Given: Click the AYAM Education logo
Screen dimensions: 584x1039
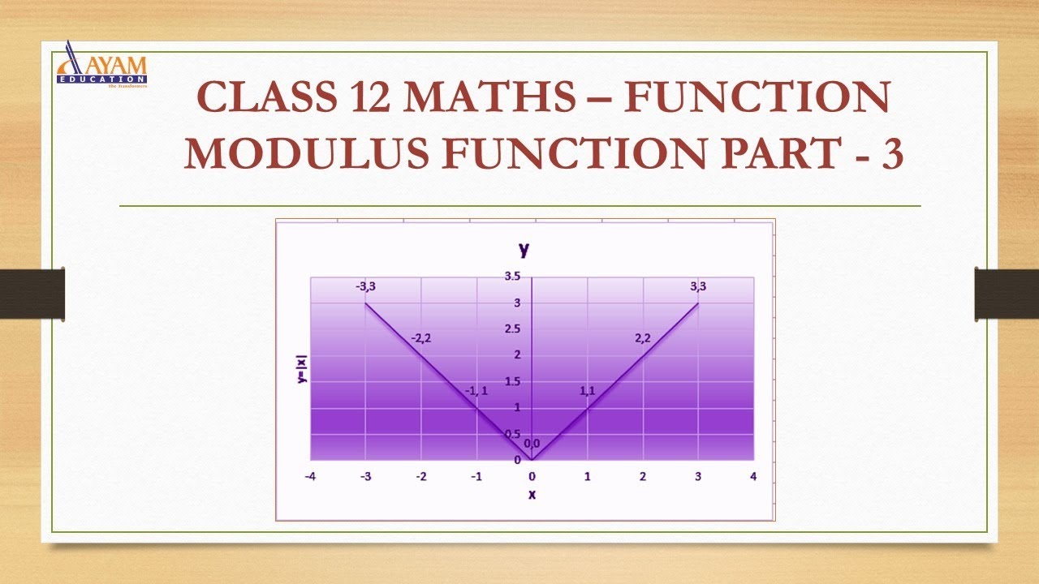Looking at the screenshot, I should tap(102, 65).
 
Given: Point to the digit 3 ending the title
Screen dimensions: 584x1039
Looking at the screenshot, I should tap(890, 153).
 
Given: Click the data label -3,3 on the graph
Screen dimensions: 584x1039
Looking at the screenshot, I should tap(365, 286).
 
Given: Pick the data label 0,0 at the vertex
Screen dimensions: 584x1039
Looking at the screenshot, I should tap(532, 444).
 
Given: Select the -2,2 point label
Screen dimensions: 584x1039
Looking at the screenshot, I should tap(420, 338).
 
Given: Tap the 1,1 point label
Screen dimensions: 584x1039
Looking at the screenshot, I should tap(587, 391).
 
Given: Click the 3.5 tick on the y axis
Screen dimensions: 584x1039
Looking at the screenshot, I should tap(512, 277).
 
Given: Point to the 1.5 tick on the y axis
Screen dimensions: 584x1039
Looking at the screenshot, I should tap(512, 381).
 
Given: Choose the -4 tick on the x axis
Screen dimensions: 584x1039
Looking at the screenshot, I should tap(310, 476).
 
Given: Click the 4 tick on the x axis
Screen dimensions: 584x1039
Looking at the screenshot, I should tap(753, 476).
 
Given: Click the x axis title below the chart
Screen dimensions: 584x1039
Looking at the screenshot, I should tap(532, 494).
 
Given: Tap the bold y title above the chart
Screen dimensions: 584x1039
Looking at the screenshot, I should tap(524, 248).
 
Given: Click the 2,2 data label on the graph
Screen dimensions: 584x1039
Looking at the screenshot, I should tap(643, 338).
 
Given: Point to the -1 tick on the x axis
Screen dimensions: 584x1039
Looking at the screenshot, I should tap(476, 476).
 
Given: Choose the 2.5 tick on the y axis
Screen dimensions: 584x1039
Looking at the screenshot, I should tap(512, 328).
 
